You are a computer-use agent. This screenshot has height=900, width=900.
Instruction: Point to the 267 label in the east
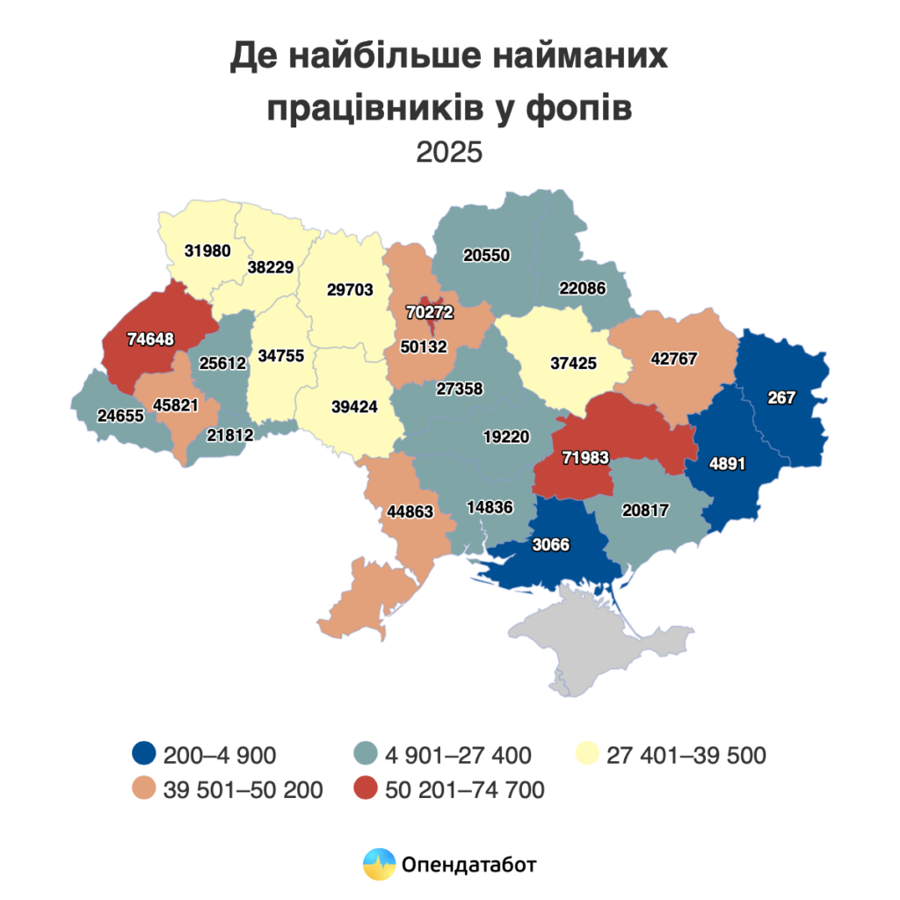(780, 397)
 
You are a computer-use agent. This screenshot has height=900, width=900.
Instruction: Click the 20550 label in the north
(487, 255)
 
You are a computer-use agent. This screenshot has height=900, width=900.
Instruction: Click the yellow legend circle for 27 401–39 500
(586, 754)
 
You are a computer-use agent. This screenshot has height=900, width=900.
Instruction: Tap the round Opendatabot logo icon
(379, 864)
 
